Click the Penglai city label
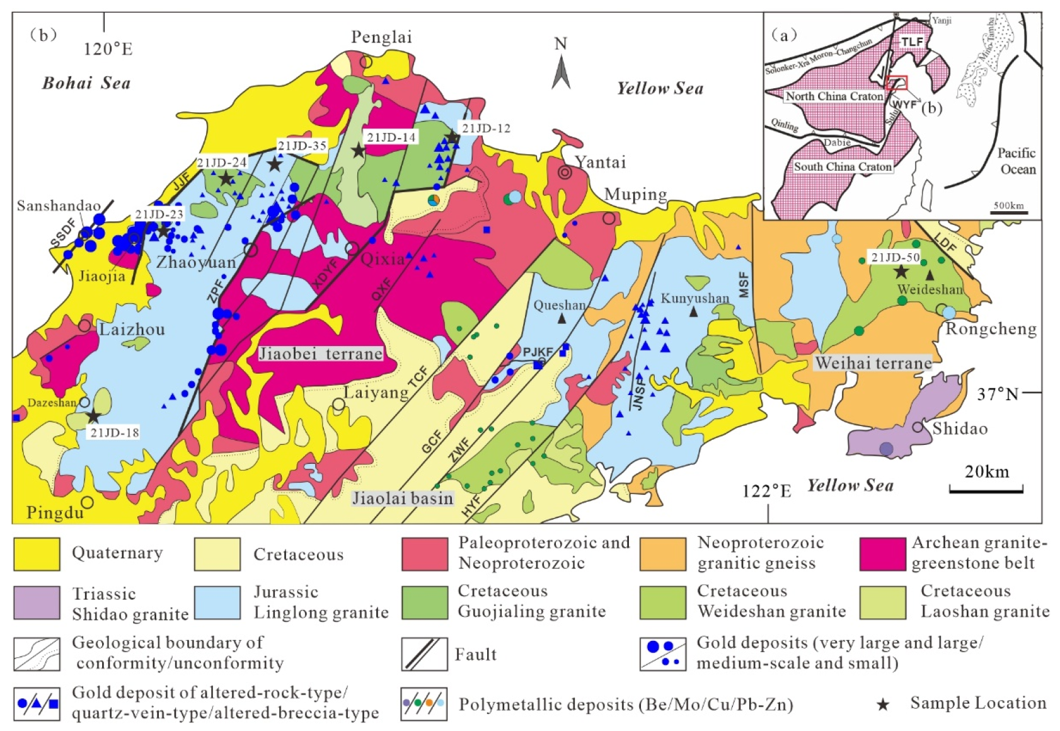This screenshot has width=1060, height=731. [381, 38]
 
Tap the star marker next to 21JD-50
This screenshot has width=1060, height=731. [901, 272]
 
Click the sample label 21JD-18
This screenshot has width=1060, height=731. [114, 433]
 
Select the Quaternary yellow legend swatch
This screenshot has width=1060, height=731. [37, 554]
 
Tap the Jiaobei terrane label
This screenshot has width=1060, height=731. [321, 354]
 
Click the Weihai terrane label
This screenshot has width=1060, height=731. [873, 363]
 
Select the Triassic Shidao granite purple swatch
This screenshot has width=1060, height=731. [37, 602]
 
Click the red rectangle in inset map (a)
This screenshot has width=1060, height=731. [897, 83]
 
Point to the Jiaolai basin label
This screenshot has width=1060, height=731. [403, 498]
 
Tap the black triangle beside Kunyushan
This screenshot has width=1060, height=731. [694, 312]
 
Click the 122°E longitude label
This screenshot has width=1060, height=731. [766, 491]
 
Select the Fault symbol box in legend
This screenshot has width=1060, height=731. [424, 654]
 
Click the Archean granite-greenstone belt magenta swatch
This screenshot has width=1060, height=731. [882, 554]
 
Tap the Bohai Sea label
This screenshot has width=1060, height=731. [86, 83]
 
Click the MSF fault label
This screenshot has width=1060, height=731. [744, 284]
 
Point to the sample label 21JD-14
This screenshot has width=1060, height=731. [391, 137]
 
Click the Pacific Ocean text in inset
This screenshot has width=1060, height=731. [1017, 161]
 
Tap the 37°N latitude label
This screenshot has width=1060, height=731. [998, 394]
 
